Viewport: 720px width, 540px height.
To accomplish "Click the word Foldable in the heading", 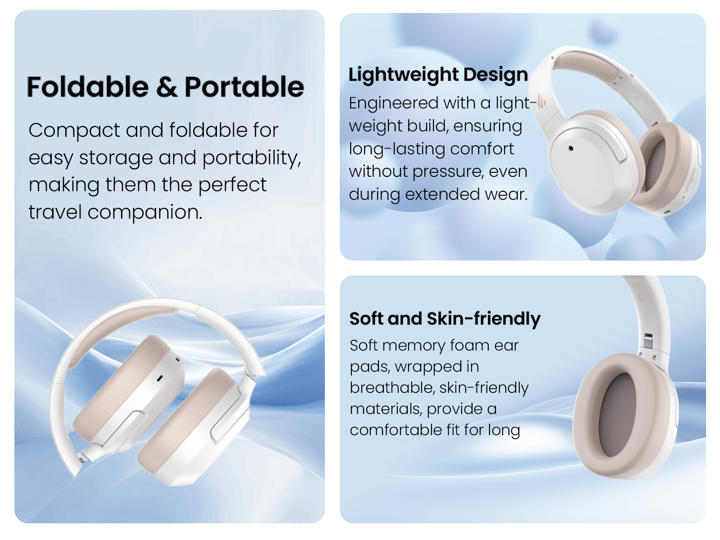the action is tap(88, 86).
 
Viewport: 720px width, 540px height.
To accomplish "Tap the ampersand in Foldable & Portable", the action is tap(166, 87).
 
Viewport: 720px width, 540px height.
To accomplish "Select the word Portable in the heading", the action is tap(244, 86).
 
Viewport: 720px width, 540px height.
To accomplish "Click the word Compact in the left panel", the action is tap(74, 131).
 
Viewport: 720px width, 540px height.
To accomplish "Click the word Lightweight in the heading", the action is tap(403, 75).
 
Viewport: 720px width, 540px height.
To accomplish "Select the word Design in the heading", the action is tap(495, 75).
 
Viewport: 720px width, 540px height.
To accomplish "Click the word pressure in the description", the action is tap(448, 172).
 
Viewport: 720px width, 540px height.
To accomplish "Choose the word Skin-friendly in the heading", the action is tap(483, 319).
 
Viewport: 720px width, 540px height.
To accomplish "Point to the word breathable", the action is tap(393, 388).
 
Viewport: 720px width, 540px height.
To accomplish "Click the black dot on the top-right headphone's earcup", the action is tap(571, 148).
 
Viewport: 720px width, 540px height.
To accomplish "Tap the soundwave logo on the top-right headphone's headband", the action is tap(541, 103).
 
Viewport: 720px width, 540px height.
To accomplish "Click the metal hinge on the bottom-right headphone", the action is tap(648, 341).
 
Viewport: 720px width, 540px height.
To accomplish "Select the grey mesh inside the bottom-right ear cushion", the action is tap(617, 415).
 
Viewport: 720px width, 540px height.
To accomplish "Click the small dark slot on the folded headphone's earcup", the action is tap(160, 379).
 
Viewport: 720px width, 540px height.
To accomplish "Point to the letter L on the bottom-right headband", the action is tap(642, 298).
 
